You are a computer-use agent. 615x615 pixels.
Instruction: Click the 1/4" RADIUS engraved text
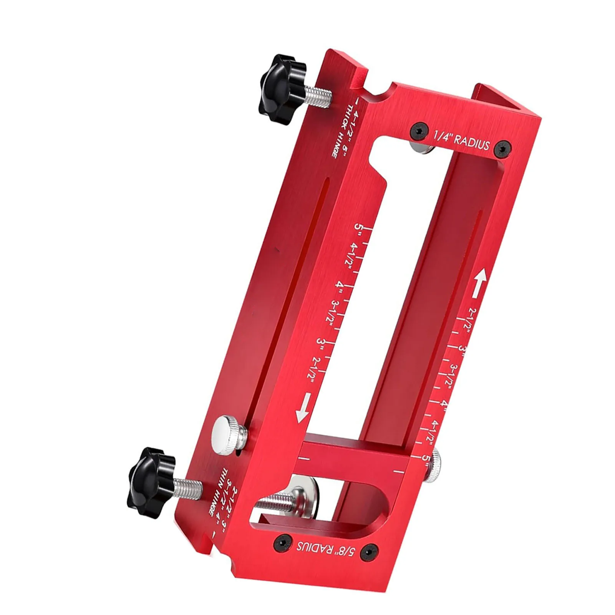pyautogui.click(x=461, y=141)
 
